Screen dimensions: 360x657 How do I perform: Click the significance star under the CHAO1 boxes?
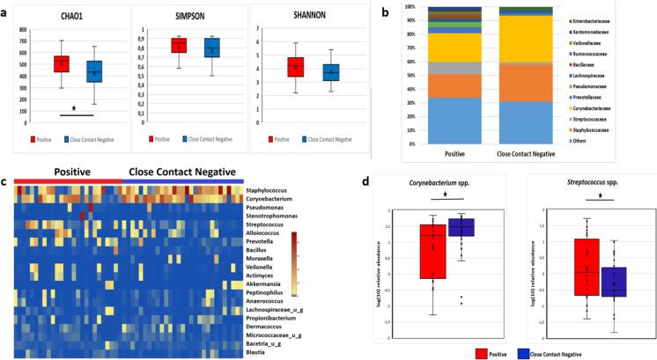[74, 108]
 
